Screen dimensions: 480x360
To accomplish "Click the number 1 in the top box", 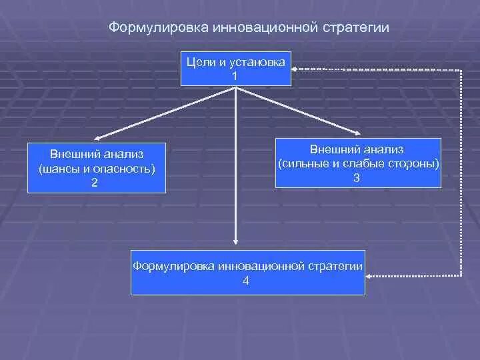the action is click(x=235, y=75).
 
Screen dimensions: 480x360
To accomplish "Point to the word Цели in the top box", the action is click(x=198, y=62).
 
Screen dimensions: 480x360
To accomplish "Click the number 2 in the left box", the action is click(x=95, y=182).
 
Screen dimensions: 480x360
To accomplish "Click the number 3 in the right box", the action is click(x=357, y=177).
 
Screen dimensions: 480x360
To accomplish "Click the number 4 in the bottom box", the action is click(x=246, y=281).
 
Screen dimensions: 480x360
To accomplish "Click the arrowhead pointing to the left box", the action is click(x=99, y=139).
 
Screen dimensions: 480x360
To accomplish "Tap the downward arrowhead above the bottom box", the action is click(x=235, y=243).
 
